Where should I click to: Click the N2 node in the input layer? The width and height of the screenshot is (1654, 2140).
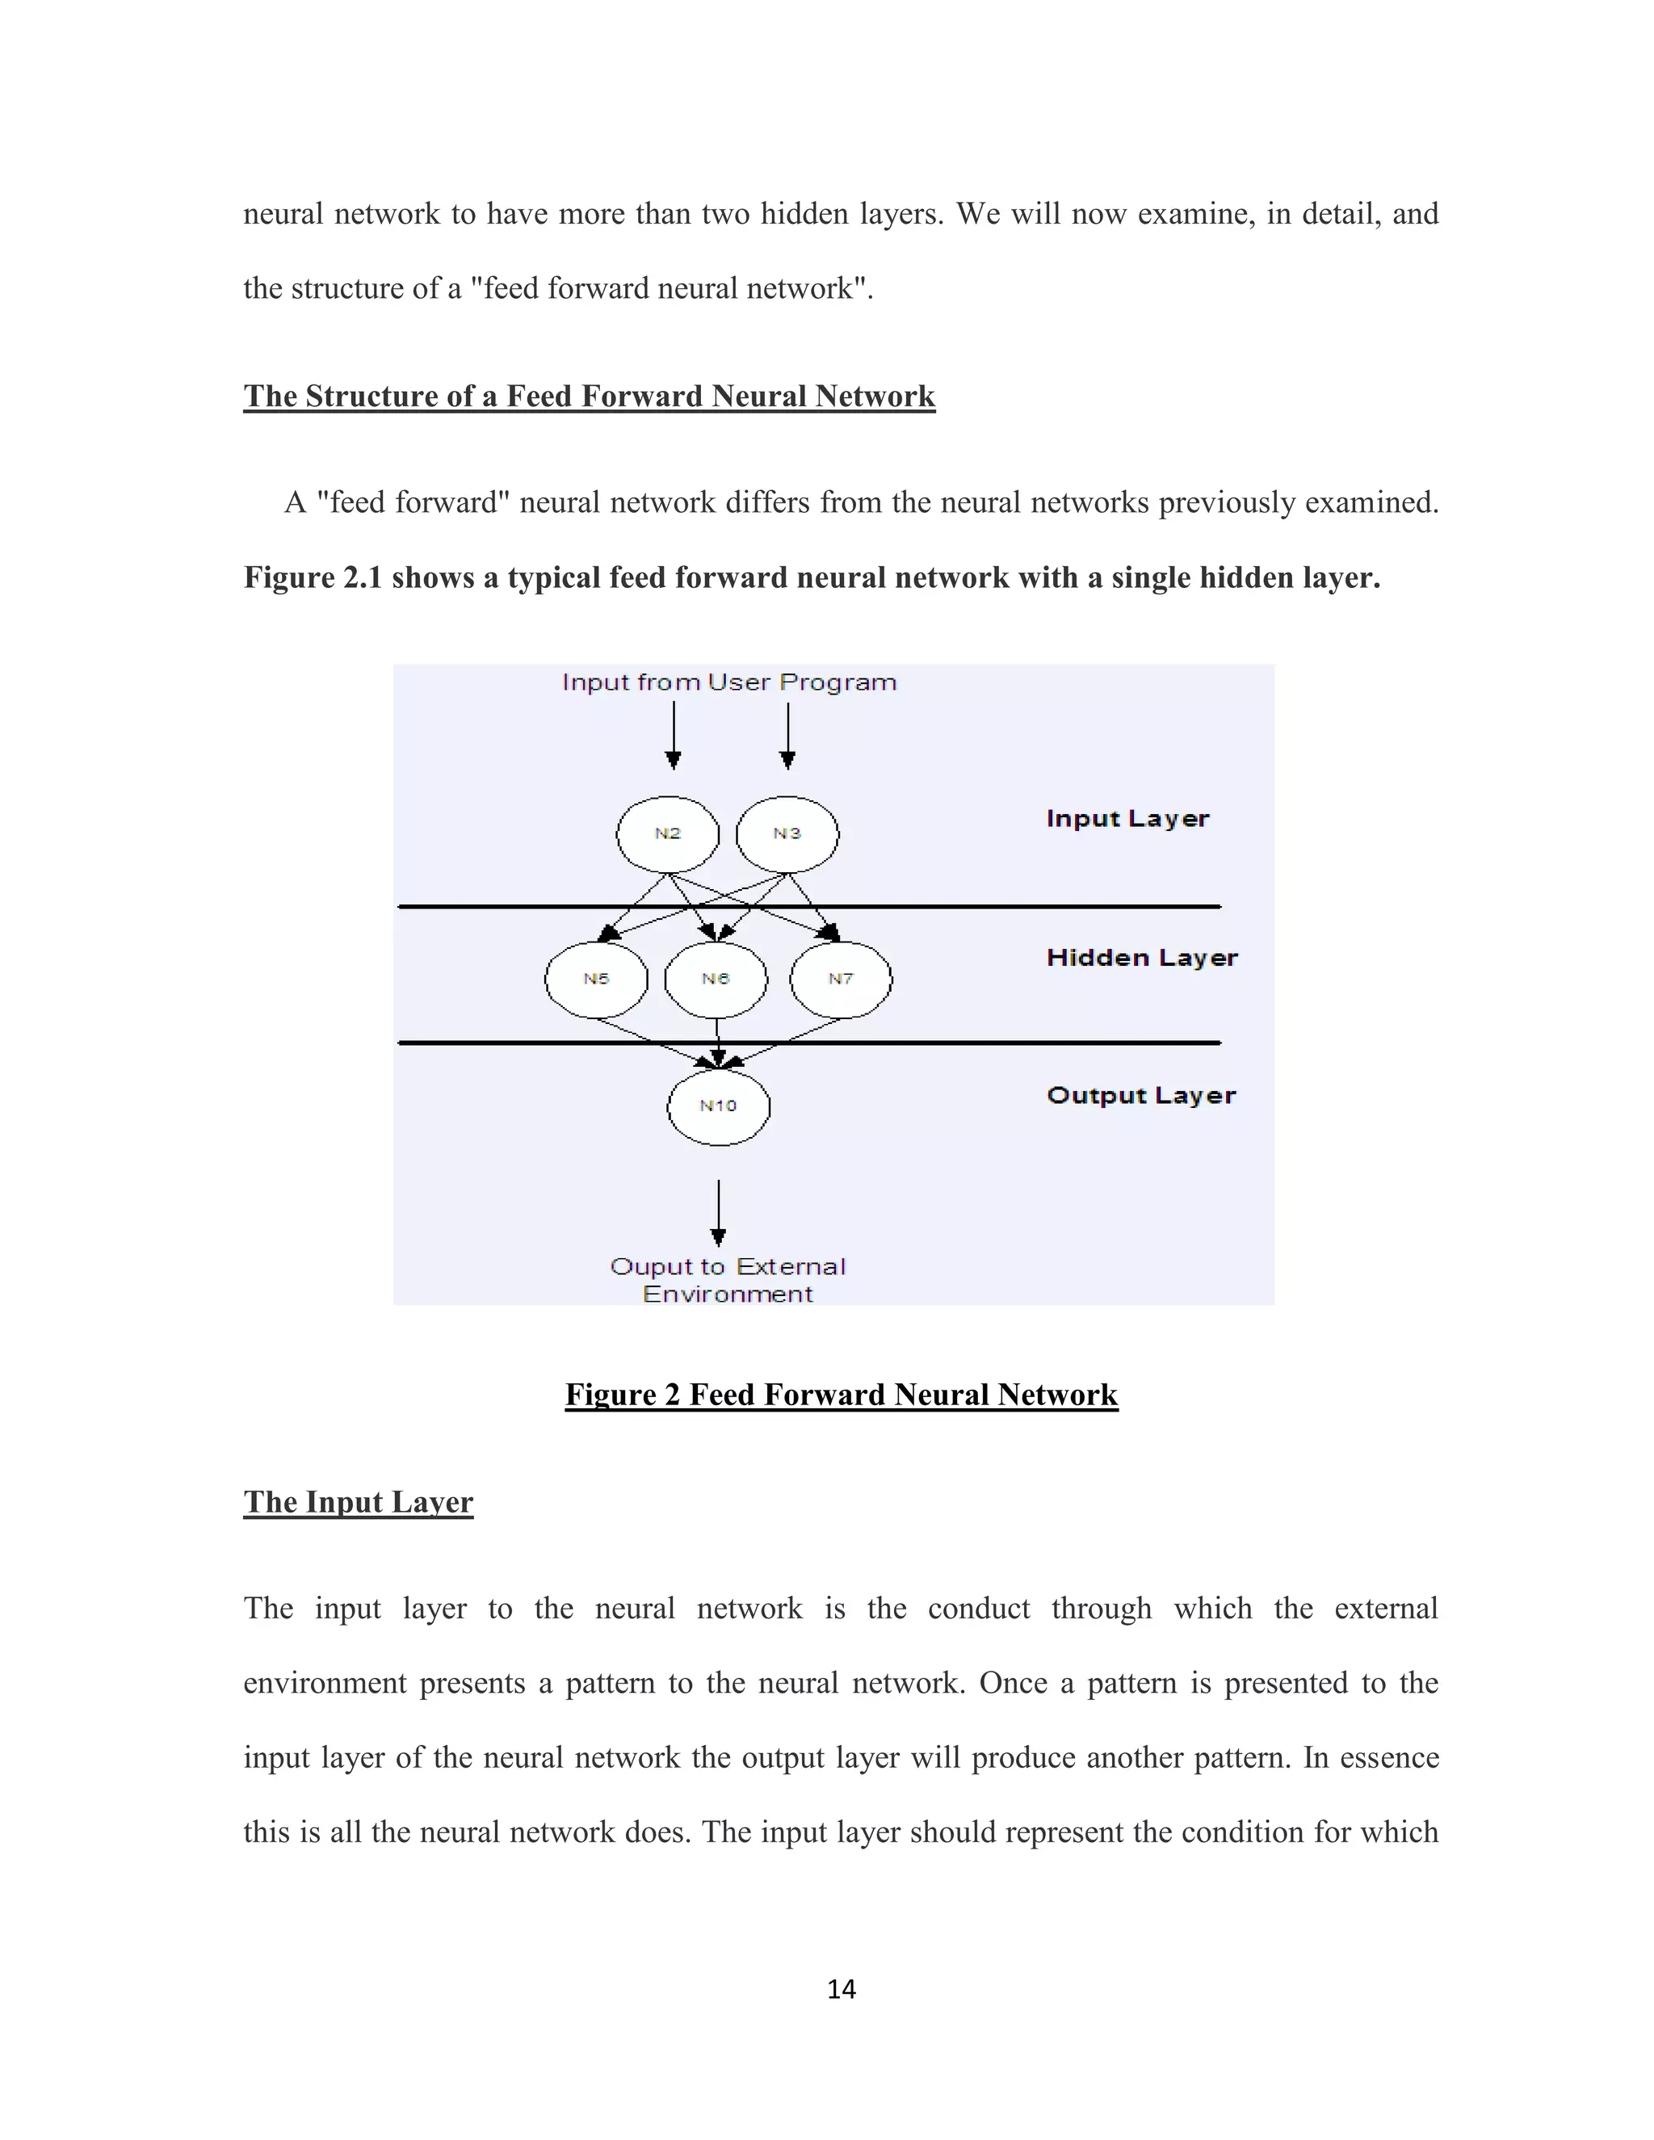click(x=667, y=834)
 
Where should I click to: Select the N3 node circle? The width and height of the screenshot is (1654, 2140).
click(x=787, y=834)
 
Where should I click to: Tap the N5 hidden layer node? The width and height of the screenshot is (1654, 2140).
click(x=596, y=979)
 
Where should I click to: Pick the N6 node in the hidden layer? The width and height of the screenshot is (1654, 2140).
click(x=716, y=979)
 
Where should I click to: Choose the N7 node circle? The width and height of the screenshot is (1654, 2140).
click(x=841, y=979)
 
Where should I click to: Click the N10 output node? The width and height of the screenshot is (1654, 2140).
click(x=718, y=1106)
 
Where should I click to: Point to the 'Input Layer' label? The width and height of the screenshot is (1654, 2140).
click(x=1127, y=819)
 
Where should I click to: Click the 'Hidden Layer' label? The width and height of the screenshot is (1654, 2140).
click(x=1141, y=959)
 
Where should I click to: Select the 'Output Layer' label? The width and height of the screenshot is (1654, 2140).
click(x=1140, y=1096)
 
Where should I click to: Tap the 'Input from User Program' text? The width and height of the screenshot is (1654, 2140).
click(x=729, y=682)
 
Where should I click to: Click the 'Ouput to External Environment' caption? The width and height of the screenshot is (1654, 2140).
click(x=727, y=1280)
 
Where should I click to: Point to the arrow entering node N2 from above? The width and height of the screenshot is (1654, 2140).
click(x=674, y=736)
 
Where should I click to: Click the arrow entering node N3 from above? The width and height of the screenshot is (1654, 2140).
click(x=787, y=736)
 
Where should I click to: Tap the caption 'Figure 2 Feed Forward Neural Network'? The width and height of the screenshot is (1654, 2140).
click(x=841, y=1395)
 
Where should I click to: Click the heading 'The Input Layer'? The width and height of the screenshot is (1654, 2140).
click(x=359, y=1502)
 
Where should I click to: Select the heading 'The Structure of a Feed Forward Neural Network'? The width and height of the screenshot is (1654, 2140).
click(x=589, y=396)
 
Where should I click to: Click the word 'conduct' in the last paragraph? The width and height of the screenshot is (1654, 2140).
click(x=978, y=1608)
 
